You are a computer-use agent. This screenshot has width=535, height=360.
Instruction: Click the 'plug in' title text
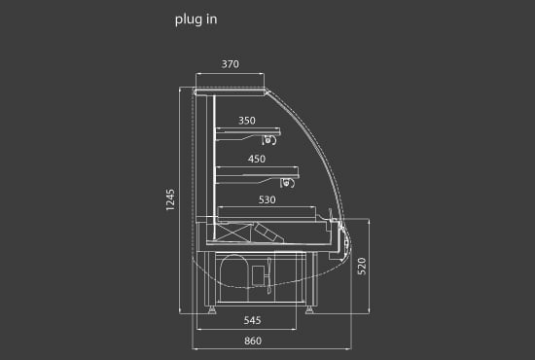pos(196,19)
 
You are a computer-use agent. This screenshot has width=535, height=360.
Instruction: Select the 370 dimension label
pos(231,64)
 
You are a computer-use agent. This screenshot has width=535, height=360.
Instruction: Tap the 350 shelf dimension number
pos(247,121)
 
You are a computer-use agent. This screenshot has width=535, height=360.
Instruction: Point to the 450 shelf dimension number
pos(257,159)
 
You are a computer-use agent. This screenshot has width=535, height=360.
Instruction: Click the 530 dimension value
pos(267,199)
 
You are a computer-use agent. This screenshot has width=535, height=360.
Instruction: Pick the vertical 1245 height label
pos(170,199)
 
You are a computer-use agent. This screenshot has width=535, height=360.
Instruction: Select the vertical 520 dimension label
pos(362,267)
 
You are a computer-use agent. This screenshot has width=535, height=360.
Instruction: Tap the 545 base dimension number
pos(253,320)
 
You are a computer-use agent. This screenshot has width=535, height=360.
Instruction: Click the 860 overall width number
pos(253,341)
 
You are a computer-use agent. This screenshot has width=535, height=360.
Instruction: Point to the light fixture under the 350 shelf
pos(268,139)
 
